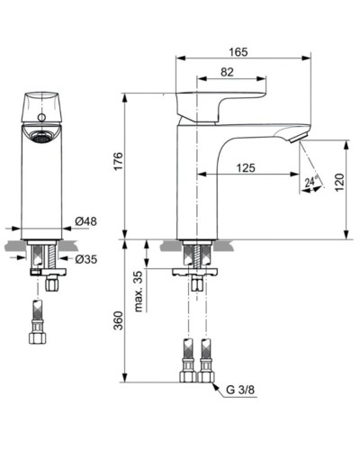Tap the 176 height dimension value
pyautogui.click(x=118, y=163)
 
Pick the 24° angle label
pyautogui.click(x=310, y=183)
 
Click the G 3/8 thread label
pyautogui.click(x=241, y=391)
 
